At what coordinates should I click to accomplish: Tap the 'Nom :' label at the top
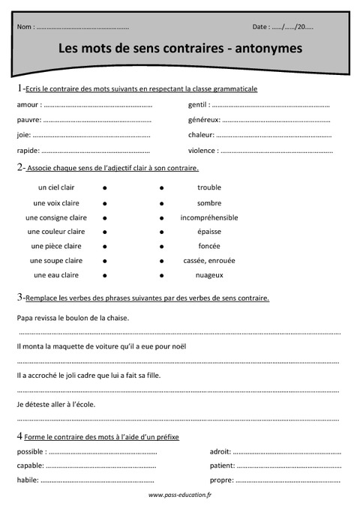(x=25, y=27)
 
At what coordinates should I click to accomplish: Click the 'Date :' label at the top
(x=262, y=27)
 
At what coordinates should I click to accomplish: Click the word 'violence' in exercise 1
(x=202, y=150)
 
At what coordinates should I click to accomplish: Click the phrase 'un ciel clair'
(x=56, y=187)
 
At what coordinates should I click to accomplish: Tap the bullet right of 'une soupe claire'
(x=105, y=261)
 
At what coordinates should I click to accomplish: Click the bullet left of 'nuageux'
(x=162, y=276)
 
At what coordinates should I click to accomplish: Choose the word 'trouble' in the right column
(x=209, y=187)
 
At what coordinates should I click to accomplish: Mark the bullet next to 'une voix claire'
(x=105, y=203)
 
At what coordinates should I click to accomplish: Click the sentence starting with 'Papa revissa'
(x=73, y=318)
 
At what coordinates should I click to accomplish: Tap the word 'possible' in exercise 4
(x=30, y=452)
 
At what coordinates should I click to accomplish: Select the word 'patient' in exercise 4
(x=223, y=466)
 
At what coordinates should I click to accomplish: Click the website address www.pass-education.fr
(x=180, y=496)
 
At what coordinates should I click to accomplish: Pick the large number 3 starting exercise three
(x=19, y=298)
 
